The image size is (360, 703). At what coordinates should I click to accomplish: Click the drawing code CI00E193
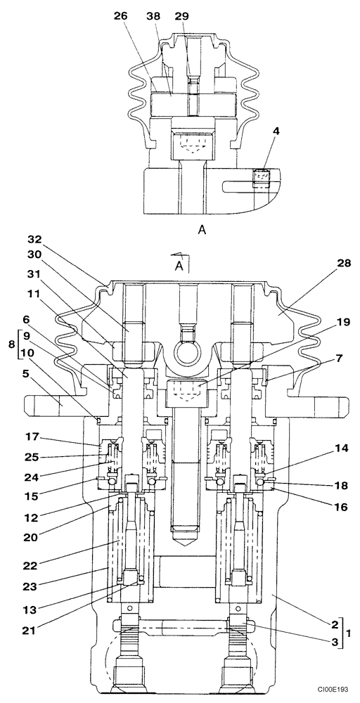[333, 692]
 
